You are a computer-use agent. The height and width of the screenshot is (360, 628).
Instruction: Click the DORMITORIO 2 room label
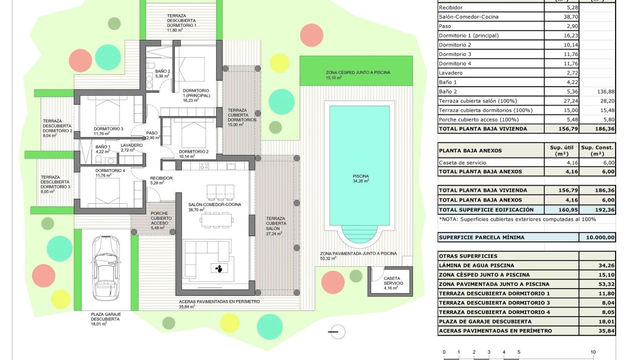pyautogui.click(x=194, y=152)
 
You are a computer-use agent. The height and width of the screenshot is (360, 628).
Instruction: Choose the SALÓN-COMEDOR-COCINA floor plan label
pyautogui.click(x=215, y=205)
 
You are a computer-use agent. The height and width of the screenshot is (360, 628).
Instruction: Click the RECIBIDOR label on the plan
pyautogui.click(x=161, y=178)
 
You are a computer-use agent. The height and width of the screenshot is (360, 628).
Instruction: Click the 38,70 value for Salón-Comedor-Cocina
pyautogui.click(x=570, y=17)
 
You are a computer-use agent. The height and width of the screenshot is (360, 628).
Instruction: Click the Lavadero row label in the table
pyautogui.click(x=450, y=73)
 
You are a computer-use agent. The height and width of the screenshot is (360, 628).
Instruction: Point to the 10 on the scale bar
pyautogui.click(x=593, y=352)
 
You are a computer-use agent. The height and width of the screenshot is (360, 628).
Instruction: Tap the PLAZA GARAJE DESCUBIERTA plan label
pyautogui.click(x=106, y=318)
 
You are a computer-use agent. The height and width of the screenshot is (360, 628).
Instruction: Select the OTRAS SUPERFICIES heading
pyautogui.click(x=468, y=256)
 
